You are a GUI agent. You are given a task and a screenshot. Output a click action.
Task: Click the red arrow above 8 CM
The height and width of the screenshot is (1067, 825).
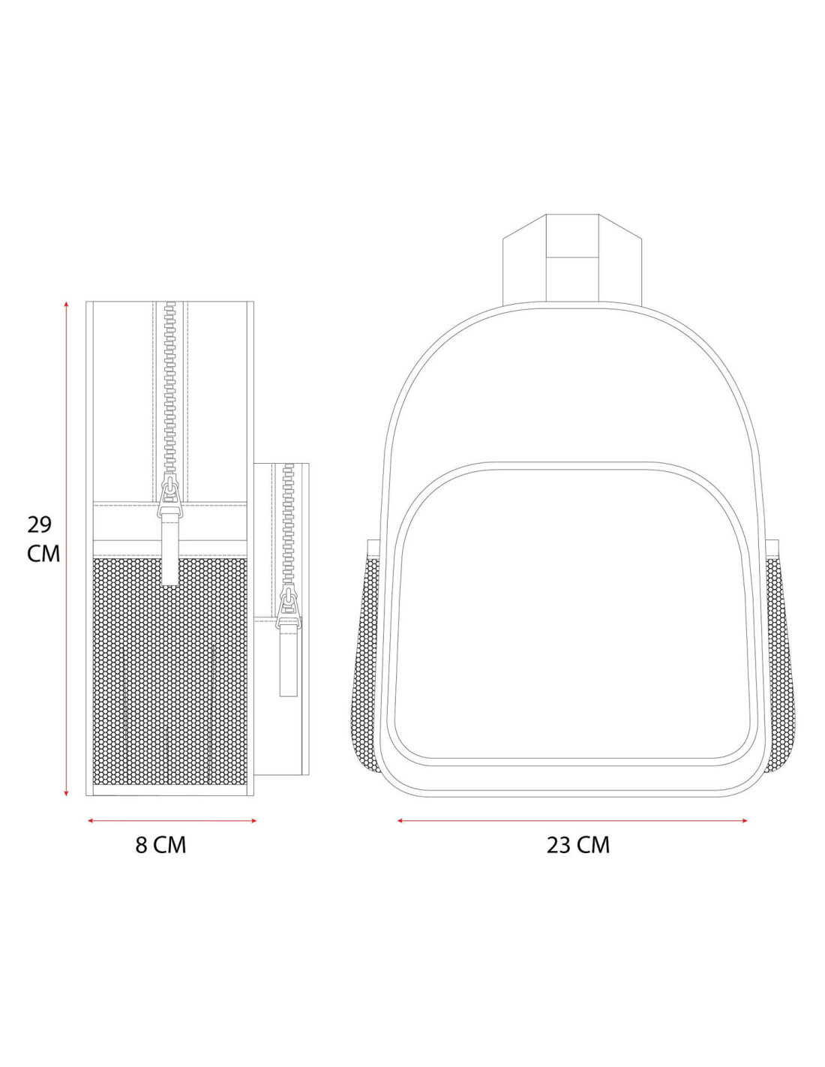(172, 820)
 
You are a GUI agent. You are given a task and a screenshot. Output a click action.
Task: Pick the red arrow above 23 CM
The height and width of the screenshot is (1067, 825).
(572, 820)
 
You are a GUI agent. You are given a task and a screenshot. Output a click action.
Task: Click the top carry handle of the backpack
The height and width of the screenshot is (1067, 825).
(572, 258)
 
